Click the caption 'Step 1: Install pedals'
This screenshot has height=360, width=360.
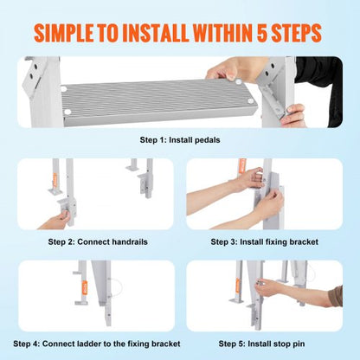point(179,139)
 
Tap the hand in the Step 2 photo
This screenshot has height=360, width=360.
point(56,216)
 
